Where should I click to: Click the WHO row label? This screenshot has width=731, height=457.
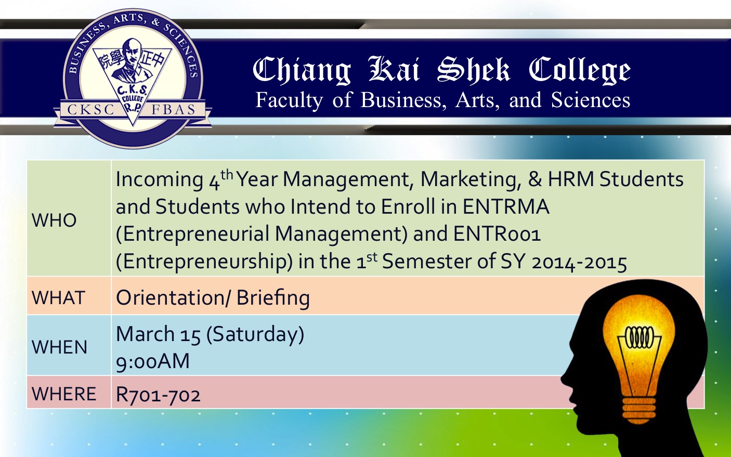click(54, 220)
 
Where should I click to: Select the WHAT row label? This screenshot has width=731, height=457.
click(58, 298)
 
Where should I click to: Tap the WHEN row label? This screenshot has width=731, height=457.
click(60, 347)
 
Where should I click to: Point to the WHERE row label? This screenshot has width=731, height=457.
click(64, 394)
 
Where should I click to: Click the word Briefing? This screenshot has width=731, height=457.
click(273, 298)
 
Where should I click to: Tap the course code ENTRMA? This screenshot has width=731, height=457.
click(506, 206)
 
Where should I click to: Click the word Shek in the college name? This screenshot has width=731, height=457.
click(474, 69)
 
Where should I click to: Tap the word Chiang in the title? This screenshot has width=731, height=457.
click(302, 71)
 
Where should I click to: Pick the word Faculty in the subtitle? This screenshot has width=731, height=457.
click(289, 100)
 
